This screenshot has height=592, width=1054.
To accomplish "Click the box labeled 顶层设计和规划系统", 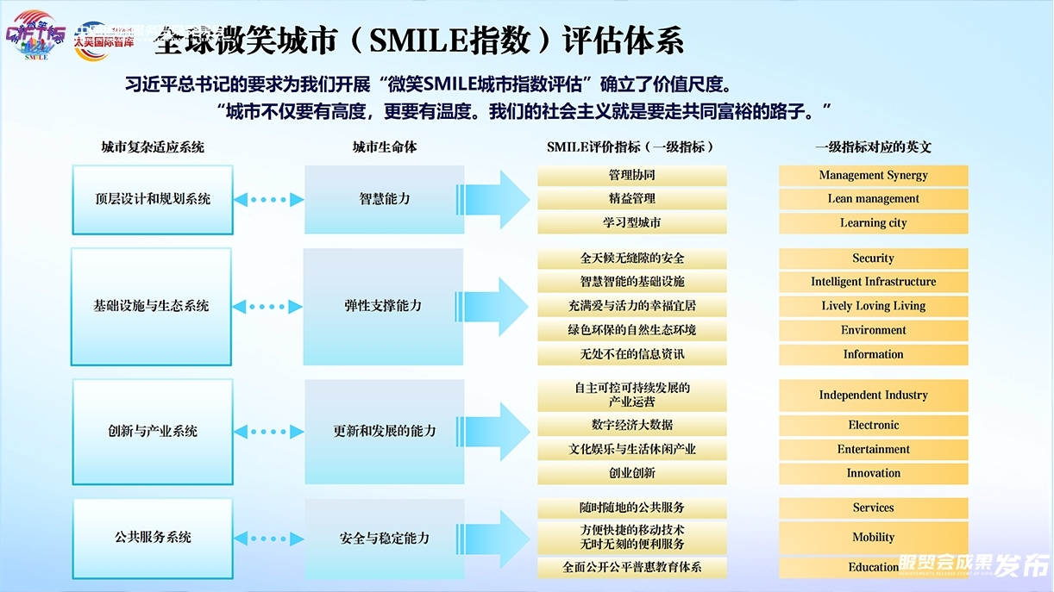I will click(x=153, y=199).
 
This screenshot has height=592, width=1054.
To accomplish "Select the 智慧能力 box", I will click(x=385, y=199).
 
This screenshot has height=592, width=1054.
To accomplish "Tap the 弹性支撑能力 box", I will click(x=384, y=306).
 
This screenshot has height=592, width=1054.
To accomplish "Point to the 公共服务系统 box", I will click(x=153, y=537).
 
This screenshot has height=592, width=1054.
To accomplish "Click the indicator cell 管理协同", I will click(x=632, y=175).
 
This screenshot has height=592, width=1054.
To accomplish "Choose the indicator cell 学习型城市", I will click(x=632, y=222).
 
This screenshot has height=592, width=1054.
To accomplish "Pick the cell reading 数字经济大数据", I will click(x=632, y=425).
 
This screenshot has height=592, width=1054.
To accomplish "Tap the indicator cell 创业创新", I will click(x=632, y=473).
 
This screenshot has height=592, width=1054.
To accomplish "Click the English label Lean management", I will click(x=873, y=199).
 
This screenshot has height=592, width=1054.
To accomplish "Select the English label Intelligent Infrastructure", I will click(x=873, y=282).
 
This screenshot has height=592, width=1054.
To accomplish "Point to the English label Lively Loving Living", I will click(x=873, y=306).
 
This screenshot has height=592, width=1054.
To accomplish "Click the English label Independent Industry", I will click(x=873, y=396).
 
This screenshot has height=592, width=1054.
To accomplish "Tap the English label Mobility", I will click(x=873, y=538).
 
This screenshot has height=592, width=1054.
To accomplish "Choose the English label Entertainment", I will click(x=873, y=449).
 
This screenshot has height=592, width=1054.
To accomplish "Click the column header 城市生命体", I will click(x=385, y=147).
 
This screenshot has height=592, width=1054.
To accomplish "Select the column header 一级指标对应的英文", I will click(x=873, y=147).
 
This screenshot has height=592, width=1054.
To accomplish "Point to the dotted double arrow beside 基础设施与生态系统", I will click(x=268, y=306).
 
